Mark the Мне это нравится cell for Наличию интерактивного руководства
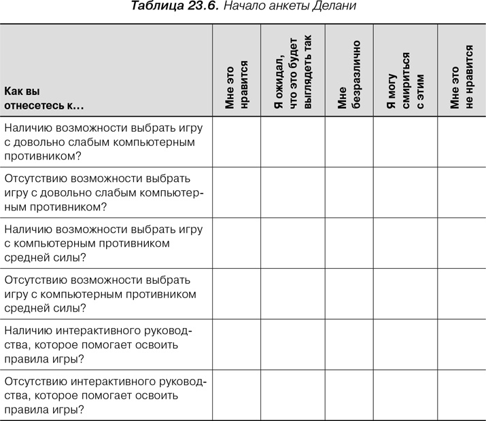tap(237, 345)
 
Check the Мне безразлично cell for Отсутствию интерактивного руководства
tap(349, 396)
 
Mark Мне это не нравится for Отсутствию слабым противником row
tap(461, 192)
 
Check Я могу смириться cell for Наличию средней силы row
tap(404, 243)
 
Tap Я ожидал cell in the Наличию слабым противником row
tap(292, 141)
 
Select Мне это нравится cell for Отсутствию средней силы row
tap(237, 294)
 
